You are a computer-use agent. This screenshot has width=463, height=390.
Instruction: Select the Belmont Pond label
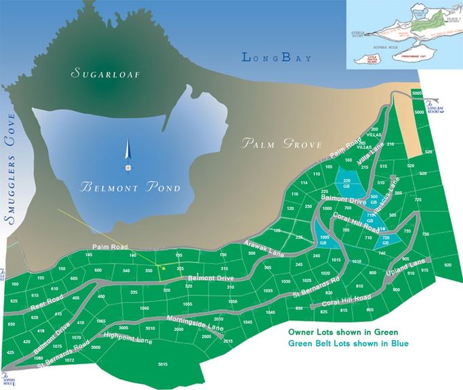point(130,187)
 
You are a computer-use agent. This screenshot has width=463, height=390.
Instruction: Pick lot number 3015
point(162,365)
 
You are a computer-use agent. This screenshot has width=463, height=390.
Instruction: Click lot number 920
point(447,265)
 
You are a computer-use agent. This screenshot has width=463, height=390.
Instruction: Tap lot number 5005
point(417,92)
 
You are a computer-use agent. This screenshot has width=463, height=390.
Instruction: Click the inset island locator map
point(404,34)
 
